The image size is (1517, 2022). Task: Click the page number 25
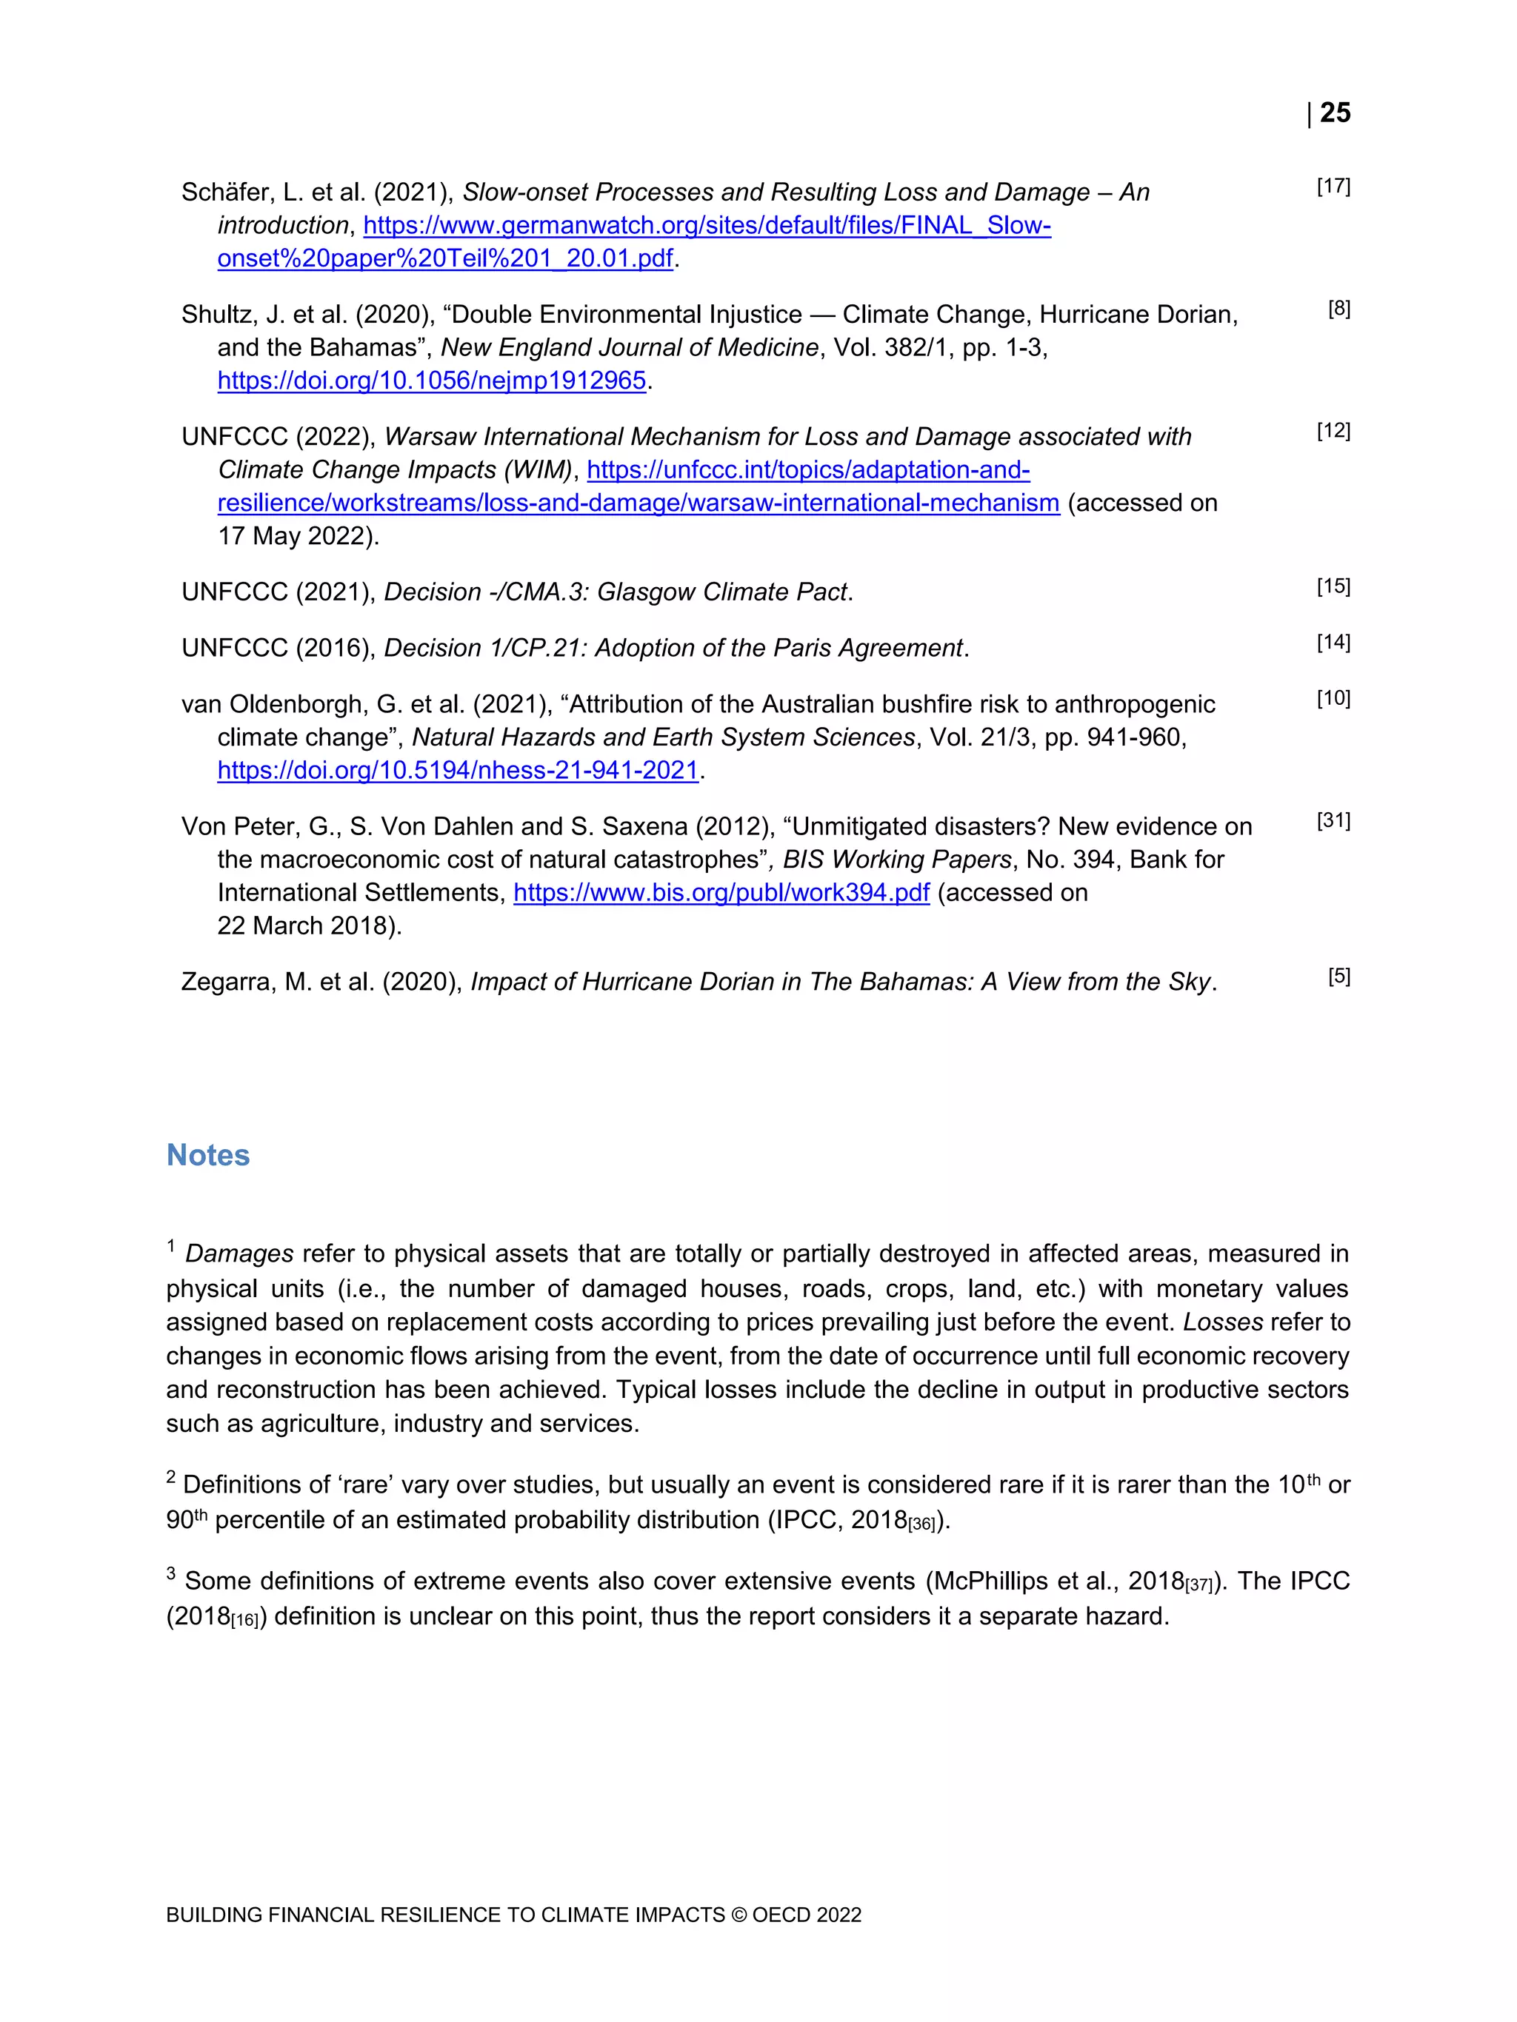tap(1335, 113)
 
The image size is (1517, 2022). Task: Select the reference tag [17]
tap(1333, 187)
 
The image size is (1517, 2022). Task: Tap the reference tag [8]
tap(1338, 309)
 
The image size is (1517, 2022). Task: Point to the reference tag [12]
tap(1333, 431)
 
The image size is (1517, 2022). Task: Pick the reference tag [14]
tap(1333, 643)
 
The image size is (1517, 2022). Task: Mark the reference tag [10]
tap(1333, 698)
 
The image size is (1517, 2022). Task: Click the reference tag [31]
tap(1333, 821)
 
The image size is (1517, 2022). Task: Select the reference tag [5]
tap(1338, 977)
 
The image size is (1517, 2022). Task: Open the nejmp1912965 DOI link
tap(432, 381)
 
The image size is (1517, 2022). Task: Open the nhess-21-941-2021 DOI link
tap(458, 771)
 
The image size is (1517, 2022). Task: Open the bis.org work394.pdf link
tap(721, 892)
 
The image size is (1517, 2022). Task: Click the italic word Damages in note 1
tap(239, 1253)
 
